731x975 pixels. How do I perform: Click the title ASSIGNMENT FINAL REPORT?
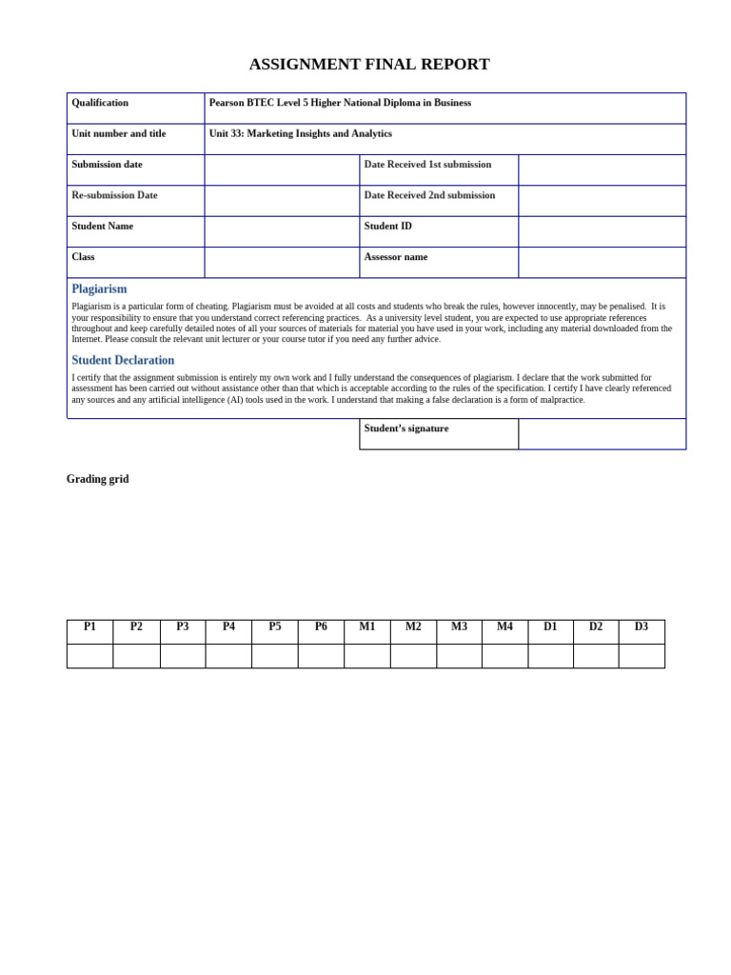pos(369,65)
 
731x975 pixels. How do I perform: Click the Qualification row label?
pos(100,103)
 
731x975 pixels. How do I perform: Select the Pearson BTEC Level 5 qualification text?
pos(340,103)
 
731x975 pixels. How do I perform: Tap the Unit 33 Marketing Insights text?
pos(300,134)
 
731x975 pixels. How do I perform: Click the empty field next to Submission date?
pos(282,169)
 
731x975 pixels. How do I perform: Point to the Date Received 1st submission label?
pos(427,165)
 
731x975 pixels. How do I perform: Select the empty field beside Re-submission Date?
pos(282,201)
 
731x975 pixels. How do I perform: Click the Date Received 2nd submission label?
pos(429,195)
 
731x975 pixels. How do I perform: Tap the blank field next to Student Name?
pos(282,231)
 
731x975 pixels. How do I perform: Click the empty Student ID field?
pos(602,231)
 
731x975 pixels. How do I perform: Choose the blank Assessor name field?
pos(602,262)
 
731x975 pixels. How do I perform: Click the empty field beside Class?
pos(282,262)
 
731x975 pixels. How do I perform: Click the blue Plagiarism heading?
pos(99,289)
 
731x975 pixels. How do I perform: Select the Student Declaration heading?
pos(123,361)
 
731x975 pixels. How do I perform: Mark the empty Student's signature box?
pos(602,434)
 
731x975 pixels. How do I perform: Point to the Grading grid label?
pos(97,480)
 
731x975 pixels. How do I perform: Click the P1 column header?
pos(90,627)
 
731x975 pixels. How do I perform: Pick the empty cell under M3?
pos(459,656)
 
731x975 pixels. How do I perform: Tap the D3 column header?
pos(642,627)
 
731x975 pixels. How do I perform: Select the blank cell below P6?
pos(321,656)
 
